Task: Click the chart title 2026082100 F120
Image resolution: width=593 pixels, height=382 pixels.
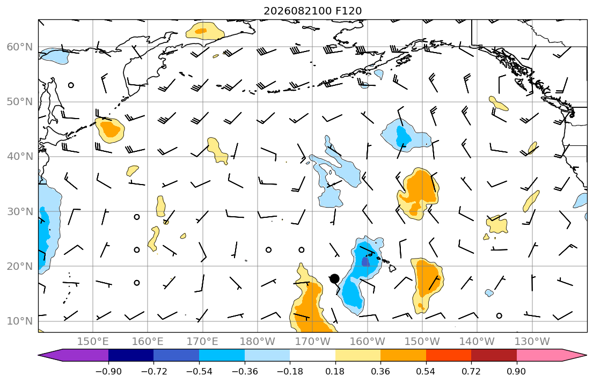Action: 312,11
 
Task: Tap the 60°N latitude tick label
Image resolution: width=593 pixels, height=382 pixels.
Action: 20,47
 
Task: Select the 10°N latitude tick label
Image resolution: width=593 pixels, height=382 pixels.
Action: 20,321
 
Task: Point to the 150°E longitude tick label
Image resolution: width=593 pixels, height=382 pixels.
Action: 93,342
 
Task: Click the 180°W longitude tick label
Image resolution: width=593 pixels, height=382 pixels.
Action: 258,342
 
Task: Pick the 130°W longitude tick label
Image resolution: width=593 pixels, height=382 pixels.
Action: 532,342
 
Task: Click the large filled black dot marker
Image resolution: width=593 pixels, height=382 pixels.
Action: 334,279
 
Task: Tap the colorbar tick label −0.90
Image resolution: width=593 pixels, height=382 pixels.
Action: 108,371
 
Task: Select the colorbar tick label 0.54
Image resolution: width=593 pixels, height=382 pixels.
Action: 426,371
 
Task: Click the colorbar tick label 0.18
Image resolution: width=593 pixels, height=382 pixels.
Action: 335,371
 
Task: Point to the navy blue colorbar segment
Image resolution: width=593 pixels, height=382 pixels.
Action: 131,355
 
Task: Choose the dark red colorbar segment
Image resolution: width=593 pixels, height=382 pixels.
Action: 494,355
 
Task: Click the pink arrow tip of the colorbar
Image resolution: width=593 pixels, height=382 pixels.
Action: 587,355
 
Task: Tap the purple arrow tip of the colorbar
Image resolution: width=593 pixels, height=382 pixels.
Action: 39,355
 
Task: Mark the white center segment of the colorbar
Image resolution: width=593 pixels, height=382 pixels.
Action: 312,355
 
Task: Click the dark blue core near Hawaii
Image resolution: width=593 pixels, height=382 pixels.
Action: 365,262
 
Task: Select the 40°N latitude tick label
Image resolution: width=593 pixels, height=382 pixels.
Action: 20,157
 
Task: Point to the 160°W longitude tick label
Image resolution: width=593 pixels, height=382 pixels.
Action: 367,342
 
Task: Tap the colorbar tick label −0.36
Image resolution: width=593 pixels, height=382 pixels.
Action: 244,371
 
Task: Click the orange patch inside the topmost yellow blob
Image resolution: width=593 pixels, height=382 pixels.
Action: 201,31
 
